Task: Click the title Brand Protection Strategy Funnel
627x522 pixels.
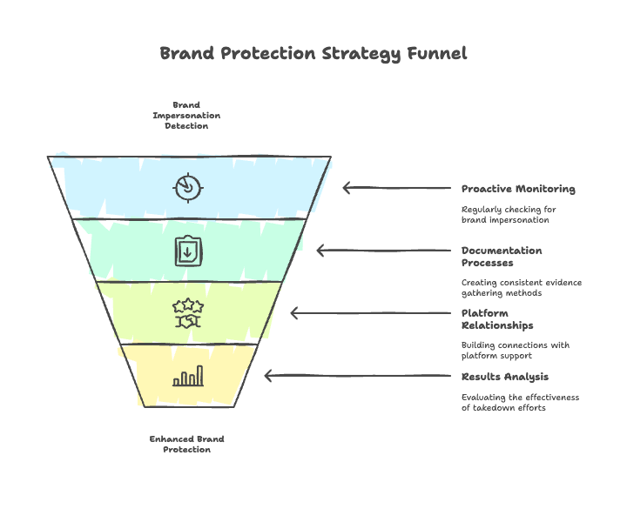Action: coord(313,53)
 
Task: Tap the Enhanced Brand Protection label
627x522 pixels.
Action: coord(187,444)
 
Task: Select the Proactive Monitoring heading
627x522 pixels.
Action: coord(518,189)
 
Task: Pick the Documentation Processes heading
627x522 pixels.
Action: coord(502,257)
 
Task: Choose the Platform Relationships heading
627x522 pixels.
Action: coord(497,319)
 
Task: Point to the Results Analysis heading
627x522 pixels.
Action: coord(505,377)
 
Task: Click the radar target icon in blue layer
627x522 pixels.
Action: coord(188,187)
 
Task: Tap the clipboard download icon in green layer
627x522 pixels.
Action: coord(188,251)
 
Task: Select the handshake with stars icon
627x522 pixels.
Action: coord(188,313)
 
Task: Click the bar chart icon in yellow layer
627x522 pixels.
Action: coord(188,376)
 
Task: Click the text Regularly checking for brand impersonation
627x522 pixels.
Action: coord(509,215)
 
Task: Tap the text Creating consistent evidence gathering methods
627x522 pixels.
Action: coord(521,288)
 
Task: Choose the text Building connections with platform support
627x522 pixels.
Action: coord(516,351)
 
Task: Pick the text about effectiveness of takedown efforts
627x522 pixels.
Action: coord(520,403)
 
